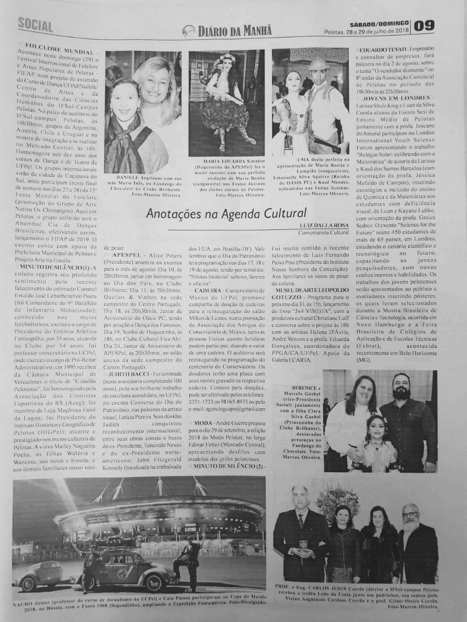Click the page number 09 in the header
coord(424,25)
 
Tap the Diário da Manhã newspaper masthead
coord(228,31)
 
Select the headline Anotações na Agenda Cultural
coord(227,213)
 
